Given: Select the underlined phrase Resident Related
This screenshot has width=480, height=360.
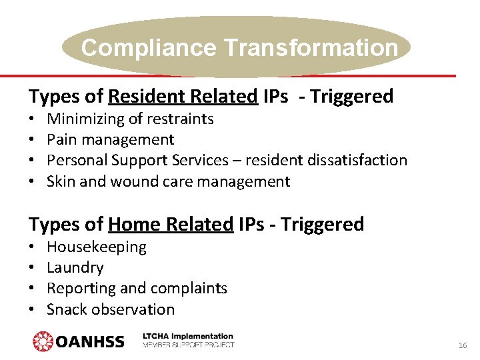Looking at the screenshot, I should (183, 97).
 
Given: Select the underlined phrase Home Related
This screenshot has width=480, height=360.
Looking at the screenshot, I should (171, 225).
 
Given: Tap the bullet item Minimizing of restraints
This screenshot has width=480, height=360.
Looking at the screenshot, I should (130, 119).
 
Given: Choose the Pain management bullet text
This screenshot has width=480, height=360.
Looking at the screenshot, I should (110, 140).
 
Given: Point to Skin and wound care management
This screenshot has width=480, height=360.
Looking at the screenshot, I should (168, 181).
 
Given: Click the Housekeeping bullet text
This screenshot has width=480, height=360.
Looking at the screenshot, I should (96, 247).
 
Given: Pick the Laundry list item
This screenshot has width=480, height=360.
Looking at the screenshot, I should (75, 268).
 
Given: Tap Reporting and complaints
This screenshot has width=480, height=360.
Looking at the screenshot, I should (137, 289).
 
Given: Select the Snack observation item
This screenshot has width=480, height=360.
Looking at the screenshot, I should (110, 309).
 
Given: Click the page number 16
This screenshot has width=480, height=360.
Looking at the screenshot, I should (462, 345).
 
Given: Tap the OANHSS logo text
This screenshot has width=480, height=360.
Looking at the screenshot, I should (90, 342).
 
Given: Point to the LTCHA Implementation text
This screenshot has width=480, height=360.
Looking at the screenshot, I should (188, 337).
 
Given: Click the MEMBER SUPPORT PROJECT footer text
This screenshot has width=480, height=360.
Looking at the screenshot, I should (188, 345).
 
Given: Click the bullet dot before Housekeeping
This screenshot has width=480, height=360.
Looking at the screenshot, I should (32, 247).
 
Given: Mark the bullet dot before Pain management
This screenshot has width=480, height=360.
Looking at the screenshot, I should (32, 140).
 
